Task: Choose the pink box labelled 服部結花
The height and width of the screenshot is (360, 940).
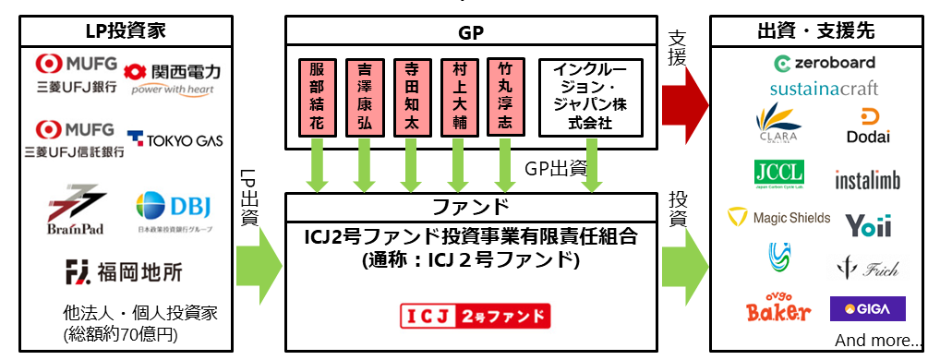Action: point(317,96)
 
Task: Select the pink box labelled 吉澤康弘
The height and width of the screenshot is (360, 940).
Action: point(364,96)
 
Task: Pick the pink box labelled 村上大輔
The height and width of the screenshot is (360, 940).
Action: point(458,96)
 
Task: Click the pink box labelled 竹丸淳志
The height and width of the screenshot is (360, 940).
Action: point(505,96)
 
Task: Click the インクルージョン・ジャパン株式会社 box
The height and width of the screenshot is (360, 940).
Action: point(589,96)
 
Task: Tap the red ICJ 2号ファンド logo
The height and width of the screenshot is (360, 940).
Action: point(475,317)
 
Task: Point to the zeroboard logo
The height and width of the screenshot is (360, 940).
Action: point(825,64)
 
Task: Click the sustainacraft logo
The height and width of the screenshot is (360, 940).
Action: point(824,89)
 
